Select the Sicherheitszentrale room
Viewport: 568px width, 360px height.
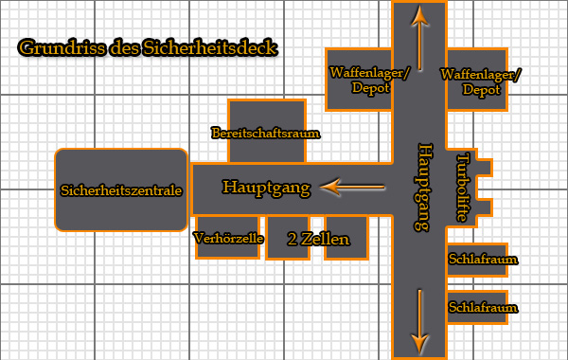120,189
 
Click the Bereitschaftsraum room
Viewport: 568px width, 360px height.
266,133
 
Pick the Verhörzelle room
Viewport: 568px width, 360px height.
228,239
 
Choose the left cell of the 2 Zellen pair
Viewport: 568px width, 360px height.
288,237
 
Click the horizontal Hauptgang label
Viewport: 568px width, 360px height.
266,188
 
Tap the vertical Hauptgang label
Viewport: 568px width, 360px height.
424,188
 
